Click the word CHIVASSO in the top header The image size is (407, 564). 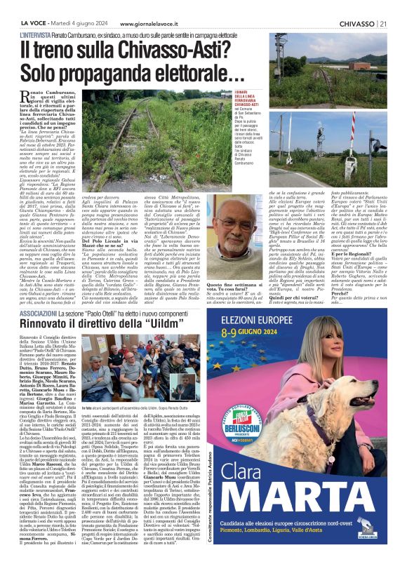click(354, 5)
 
